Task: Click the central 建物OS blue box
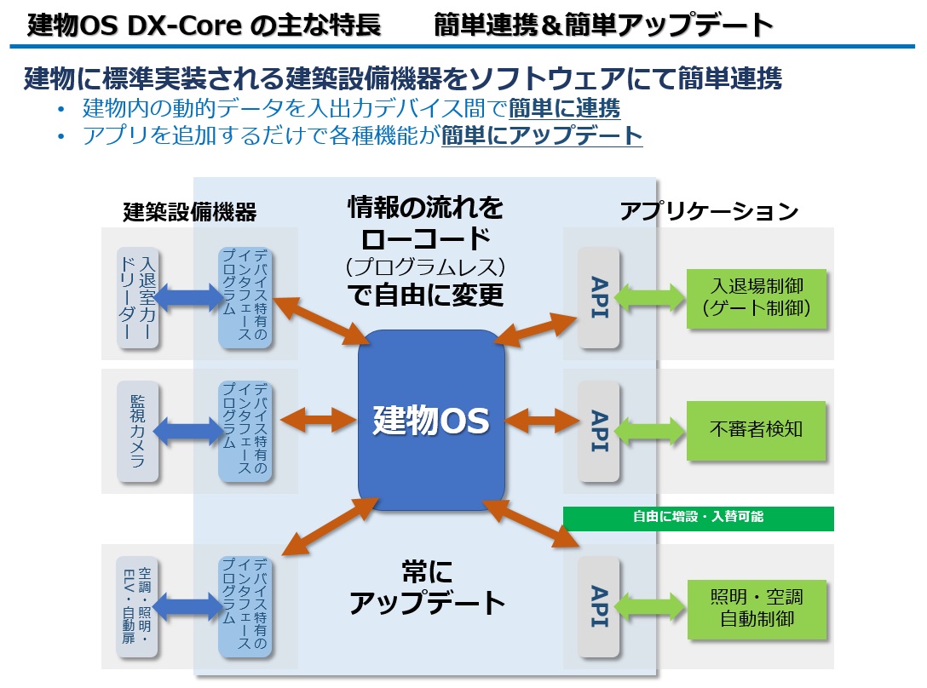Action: coord(431,420)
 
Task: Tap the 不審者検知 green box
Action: coord(757,430)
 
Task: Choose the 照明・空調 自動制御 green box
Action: coord(757,607)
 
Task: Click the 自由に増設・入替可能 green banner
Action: coord(698,518)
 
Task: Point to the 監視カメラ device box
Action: coord(138,431)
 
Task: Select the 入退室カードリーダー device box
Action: coord(138,298)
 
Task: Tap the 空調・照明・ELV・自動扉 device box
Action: coord(138,607)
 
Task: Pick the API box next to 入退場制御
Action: coord(598,298)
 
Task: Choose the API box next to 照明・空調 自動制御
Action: coord(598,607)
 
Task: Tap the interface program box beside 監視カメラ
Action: coord(245,431)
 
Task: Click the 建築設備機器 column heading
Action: coord(189,211)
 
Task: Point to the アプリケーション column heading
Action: coord(709,210)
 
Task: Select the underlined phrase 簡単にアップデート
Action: coord(541,135)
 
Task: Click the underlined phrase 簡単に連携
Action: coord(564,109)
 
